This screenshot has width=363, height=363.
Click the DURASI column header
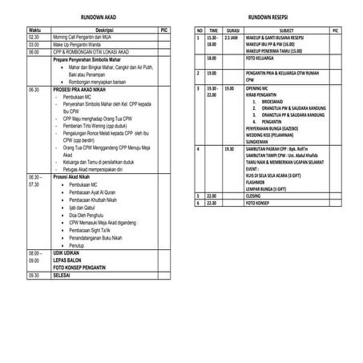pos(232,30)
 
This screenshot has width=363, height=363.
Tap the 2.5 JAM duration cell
pos(231,37)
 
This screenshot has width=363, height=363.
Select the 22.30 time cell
pos(212,202)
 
